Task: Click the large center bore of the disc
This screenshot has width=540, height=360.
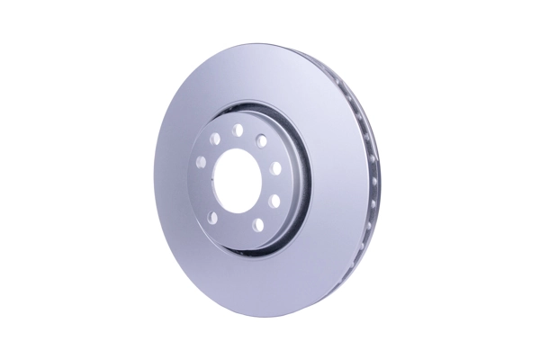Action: coord(237,179)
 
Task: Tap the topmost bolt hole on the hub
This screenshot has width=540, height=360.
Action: coord(238,130)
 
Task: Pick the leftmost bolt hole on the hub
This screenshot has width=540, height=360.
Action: coord(201,163)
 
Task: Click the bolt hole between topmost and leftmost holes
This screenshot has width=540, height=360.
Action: coord(215,139)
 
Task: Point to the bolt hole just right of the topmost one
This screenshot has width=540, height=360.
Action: coord(261,139)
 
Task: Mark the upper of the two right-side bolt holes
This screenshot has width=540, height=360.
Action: coord(275,168)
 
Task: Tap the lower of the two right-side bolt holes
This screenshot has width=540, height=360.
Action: coord(274,201)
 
